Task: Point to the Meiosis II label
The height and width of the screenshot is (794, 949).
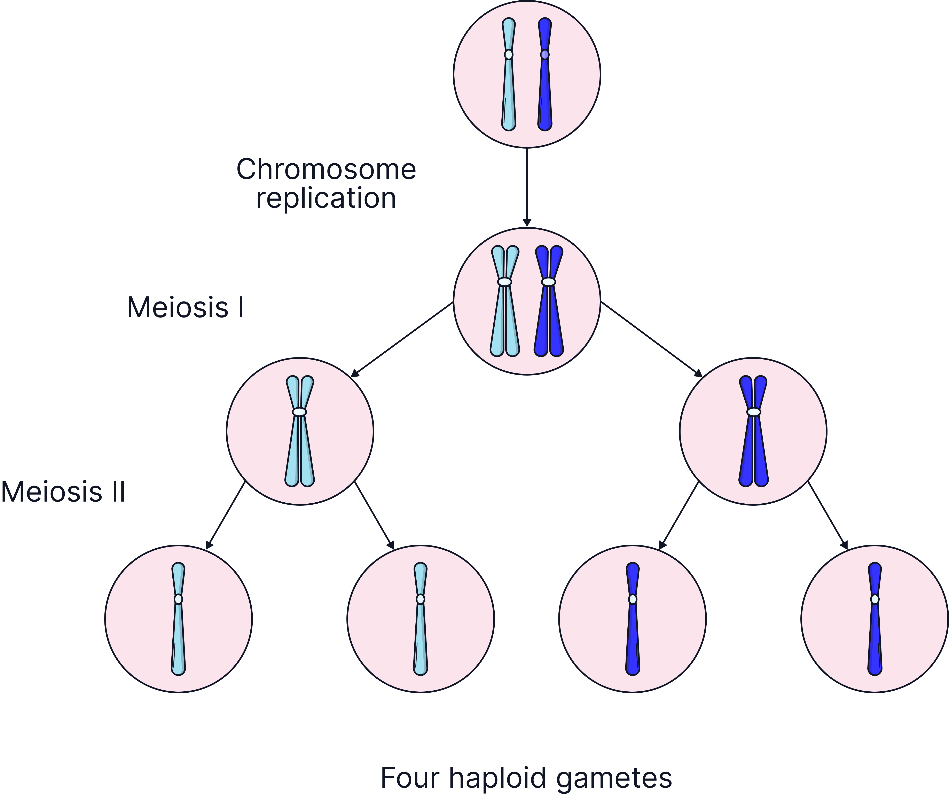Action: [63, 492]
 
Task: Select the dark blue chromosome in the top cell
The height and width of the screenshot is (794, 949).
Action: [545, 90]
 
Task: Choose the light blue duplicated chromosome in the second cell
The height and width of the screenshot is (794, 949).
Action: [505, 316]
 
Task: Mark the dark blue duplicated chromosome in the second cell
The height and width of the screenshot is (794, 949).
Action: [549, 316]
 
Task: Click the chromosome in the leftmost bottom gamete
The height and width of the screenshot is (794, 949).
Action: [179, 633]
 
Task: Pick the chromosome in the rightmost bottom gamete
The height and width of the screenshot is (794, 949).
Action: [875, 633]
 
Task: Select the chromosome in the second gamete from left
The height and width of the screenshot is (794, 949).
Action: [420, 633]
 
